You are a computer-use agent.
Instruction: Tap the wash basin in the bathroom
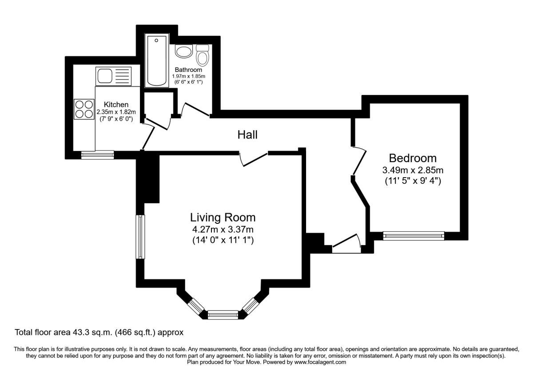(x=183, y=52)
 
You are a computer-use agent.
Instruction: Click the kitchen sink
(x=113, y=76)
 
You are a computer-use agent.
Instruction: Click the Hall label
(x=247, y=135)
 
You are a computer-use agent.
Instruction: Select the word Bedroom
(x=413, y=158)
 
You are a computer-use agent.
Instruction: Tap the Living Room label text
(x=223, y=218)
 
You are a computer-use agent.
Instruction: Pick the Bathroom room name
(x=188, y=70)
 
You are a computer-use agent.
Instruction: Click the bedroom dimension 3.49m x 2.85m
(x=413, y=170)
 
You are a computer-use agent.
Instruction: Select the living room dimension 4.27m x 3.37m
(x=223, y=230)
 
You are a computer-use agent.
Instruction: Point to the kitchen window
(x=97, y=155)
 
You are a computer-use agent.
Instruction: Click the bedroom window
(x=414, y=236)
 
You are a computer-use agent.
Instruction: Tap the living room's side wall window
(x=140, y=237)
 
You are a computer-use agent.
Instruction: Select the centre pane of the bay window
(x=223, y=315)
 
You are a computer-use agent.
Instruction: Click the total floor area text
(x=99, y=332)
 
